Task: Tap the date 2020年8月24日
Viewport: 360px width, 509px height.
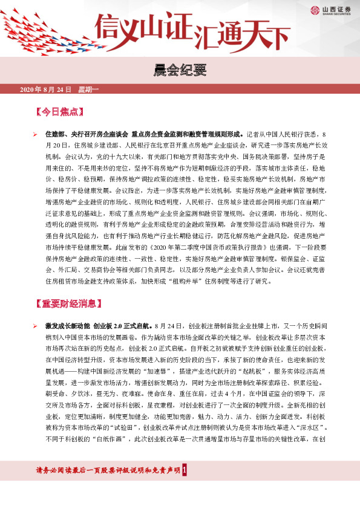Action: (45, 89)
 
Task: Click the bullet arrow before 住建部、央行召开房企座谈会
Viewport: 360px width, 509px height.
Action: (34, 134)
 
